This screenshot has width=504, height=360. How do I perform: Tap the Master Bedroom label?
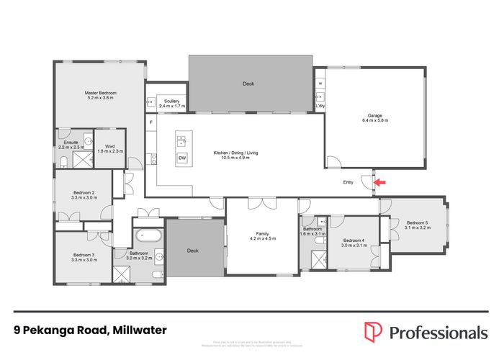[101, 94]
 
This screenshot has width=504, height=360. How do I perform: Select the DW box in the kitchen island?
[182, 158]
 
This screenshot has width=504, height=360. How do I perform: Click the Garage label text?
[374, 115]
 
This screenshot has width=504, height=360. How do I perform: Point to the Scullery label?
[171, 102]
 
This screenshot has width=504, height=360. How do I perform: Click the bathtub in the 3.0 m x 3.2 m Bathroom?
[148, 236]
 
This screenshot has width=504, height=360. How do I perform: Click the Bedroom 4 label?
[354, 240]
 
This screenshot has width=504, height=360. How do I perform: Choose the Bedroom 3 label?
[84, 255]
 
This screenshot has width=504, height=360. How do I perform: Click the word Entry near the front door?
[348, 183]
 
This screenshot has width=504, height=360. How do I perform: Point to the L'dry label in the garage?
[320, 107]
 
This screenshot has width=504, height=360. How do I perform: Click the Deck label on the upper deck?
[248, 84]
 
